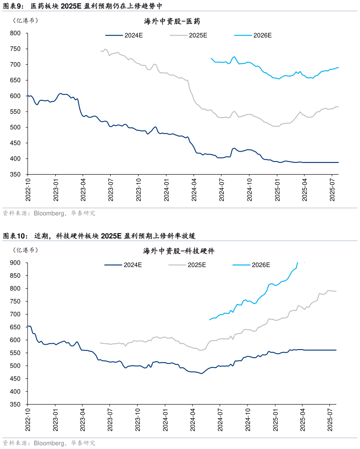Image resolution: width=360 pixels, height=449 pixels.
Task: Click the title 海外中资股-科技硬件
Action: click(x=179, y=251)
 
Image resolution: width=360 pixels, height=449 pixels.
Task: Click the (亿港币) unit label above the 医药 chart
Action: click(x=26, y=20)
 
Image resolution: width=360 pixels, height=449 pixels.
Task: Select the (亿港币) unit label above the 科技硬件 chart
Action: click(x=26, y=250)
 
